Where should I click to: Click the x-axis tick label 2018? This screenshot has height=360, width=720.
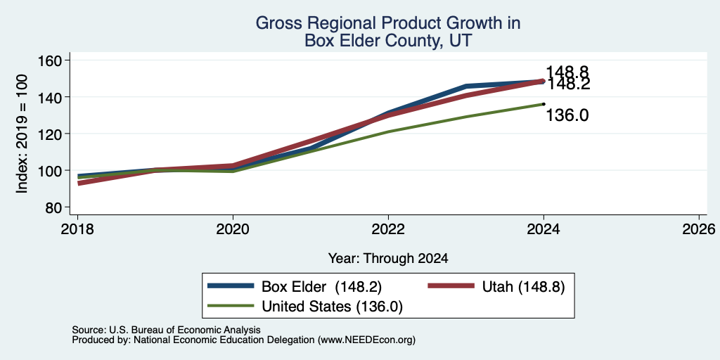[x=78, y=229]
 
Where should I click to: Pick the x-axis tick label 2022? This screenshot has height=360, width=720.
[x=388, y=229]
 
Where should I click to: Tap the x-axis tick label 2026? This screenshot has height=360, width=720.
[x=699, y=229]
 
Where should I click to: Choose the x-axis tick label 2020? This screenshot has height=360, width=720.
[x=233, y=229]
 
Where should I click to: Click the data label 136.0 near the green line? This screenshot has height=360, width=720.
[x=567, y=115]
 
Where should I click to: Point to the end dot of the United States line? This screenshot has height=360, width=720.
[x=544, y=104]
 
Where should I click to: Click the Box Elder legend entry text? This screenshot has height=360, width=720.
[x=321, y=287]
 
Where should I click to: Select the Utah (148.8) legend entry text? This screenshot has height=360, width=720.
[x=523, y=287]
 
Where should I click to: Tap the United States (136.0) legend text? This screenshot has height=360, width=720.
[x=332, y=307]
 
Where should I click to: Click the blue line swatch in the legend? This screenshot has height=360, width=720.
[x=231, y=286]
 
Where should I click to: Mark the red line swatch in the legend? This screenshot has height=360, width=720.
[x=451, y=286]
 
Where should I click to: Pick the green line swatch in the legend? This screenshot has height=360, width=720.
[x=231, y=305]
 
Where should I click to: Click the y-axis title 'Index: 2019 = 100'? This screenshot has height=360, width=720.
[x=22, y=134]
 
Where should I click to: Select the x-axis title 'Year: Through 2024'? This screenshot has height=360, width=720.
[x=388, y=259]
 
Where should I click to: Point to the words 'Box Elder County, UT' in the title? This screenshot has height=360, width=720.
[x=388, y=41]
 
